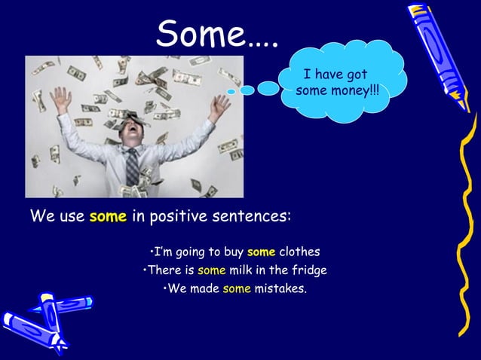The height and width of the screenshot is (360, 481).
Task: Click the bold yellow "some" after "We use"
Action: (108, 218)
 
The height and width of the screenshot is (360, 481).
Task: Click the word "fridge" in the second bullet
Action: (310, 270)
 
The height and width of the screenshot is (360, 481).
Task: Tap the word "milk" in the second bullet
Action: (234, 270)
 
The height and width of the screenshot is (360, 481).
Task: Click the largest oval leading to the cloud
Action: (268, 88)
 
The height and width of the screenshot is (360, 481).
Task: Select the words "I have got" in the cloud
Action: (335, 75)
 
